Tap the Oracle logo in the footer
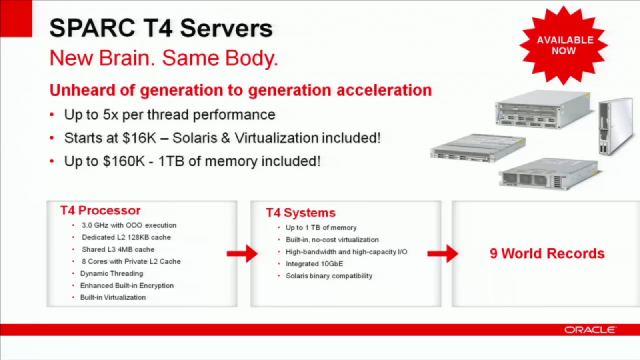(x=589, y=329)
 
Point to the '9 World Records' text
(x=547, y=253)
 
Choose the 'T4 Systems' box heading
(x=301, y=213)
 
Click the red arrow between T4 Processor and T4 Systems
(x=241, y=254)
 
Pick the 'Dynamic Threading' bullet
(x=113, y=273)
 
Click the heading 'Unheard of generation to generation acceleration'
(x=241, y=90)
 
